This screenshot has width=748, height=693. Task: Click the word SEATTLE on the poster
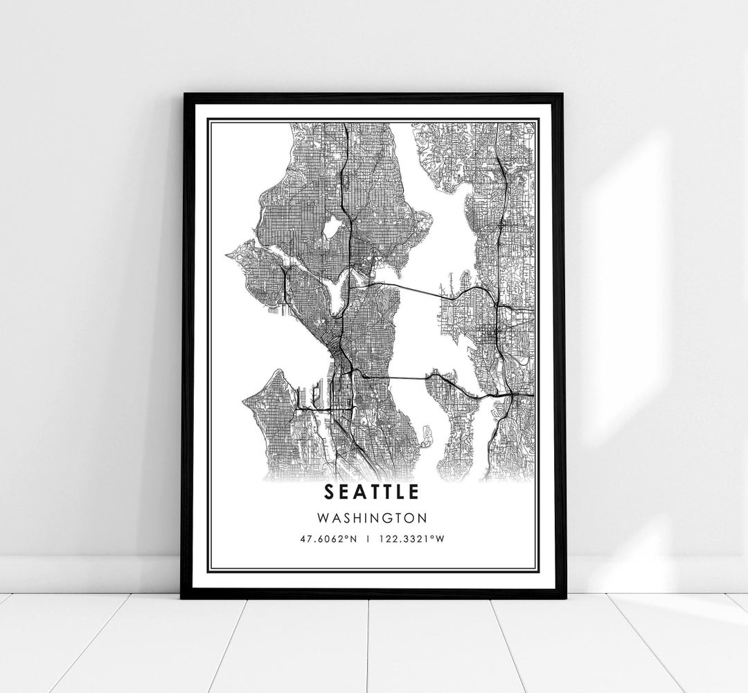coord(371,492)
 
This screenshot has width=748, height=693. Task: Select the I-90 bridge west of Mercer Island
coord(395,377)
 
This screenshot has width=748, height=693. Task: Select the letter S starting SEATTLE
coord(328,492)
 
